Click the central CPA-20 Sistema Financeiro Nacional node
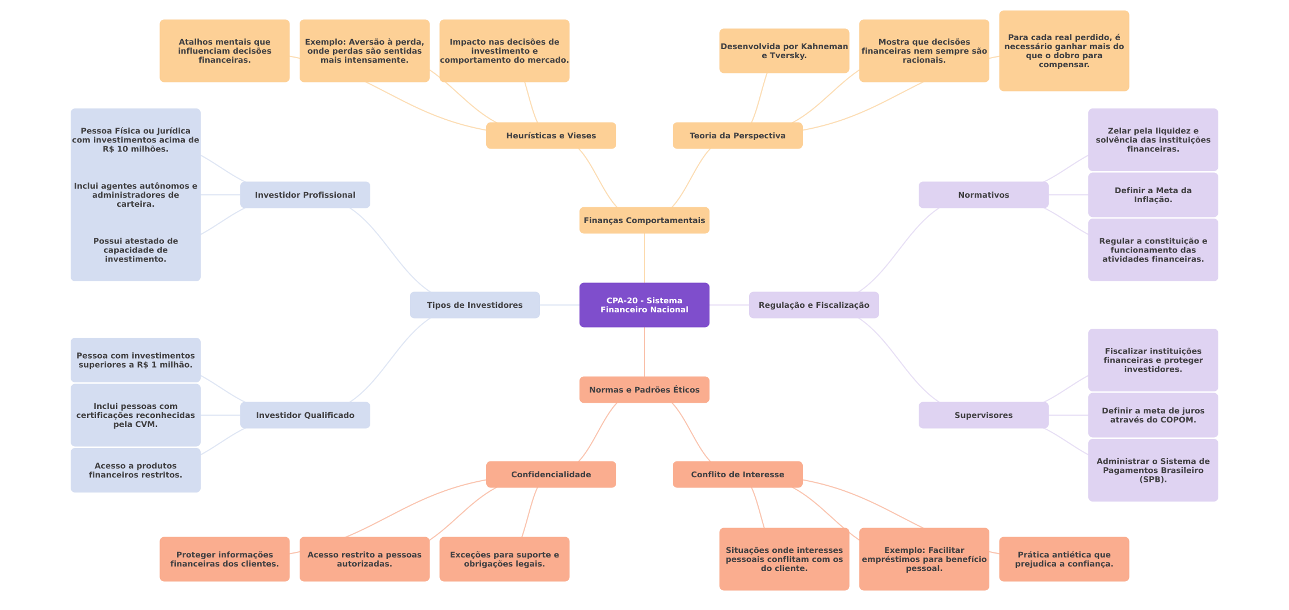pyautogui.click(x=644, y=305)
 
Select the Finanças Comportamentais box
pyautogui.click(x=644, y=220)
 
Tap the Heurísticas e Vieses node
pyautogui.click(x=551, y=136)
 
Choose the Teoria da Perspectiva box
pyautogui.click(x=737, y=136)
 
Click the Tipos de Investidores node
pyautogui.click(x=474, y=305)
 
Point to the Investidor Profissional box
pyautogui.click(x=305, y=195)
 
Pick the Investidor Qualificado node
pyautogui.click(x=305, y=415)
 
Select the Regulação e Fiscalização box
pyautogui.click(x=814, y=305)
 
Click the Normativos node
pyautogui.click(x=983, y=195)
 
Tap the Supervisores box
pyautogui.click(x=983, y=415)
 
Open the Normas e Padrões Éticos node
pyautogui.click(x=644, y=390)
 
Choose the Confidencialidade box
pyautogui.click(x=551, y=474)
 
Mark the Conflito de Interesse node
pyautogui.click(x=737, y=474)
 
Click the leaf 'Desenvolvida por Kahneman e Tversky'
pyautogui.click(x=784, y=51)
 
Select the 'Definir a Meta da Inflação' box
pyautogui.click(x=1153, y=195)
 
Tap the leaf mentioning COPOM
pyautogui.click(x=1153, y=415)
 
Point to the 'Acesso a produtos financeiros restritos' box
pyautogui.click(x=135, y=470)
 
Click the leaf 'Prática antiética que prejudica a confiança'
pyautogui.click(x=1063, y=559)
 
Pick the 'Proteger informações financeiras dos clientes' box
pyautogui.click(x=224, y=559)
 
